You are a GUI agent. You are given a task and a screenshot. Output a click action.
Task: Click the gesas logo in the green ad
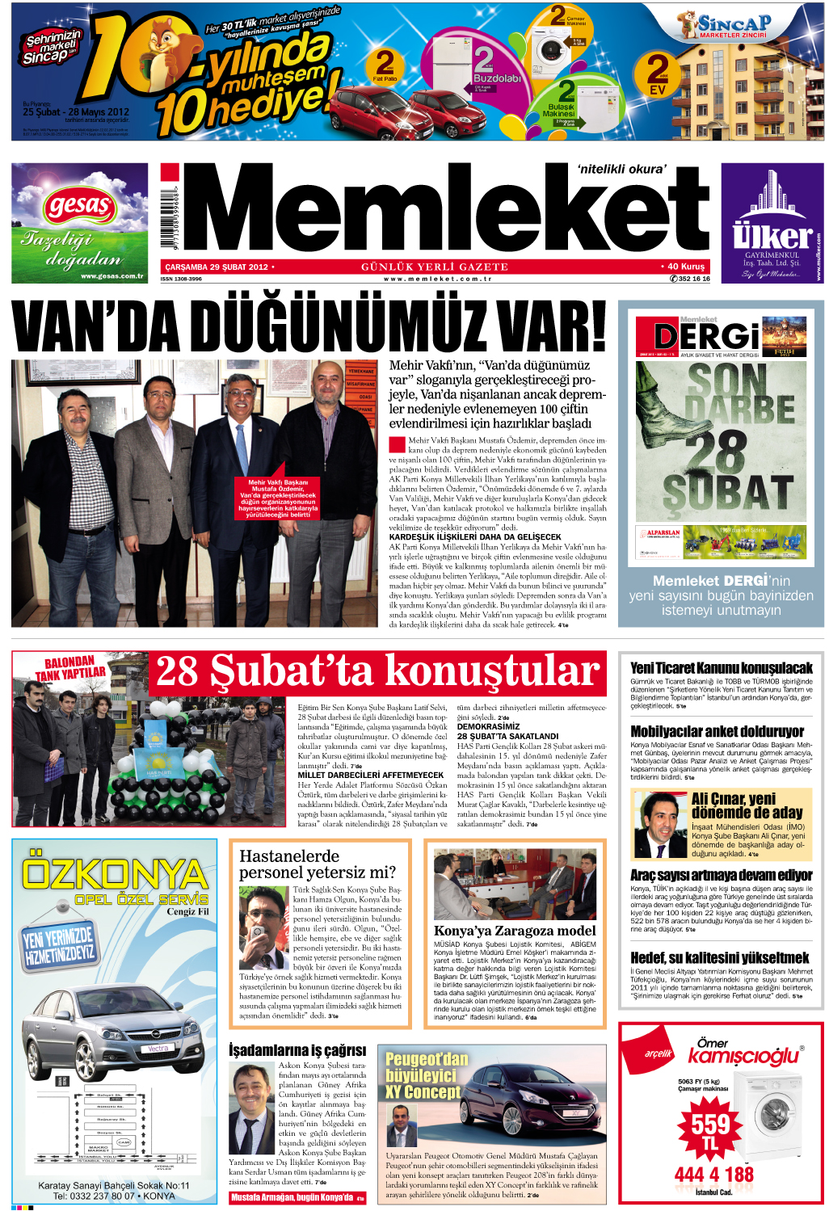pos(79,206)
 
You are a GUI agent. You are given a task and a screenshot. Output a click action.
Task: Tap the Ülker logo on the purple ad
pos(772,236)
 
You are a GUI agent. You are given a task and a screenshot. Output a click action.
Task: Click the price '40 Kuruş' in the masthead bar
pos(685,266)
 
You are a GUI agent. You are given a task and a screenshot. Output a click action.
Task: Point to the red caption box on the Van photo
pos(278,498)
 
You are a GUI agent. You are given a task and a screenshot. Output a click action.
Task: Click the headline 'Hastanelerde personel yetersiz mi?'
pos(318,864)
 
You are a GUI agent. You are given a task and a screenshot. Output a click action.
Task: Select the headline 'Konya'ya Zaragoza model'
pos(515,931)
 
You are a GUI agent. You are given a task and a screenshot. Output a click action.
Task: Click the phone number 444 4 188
pos(713,1174)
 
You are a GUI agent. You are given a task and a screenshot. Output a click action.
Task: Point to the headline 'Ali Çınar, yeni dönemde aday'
pos(747,805)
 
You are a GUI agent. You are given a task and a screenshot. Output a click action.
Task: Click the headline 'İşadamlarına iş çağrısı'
pos(297,1050)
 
